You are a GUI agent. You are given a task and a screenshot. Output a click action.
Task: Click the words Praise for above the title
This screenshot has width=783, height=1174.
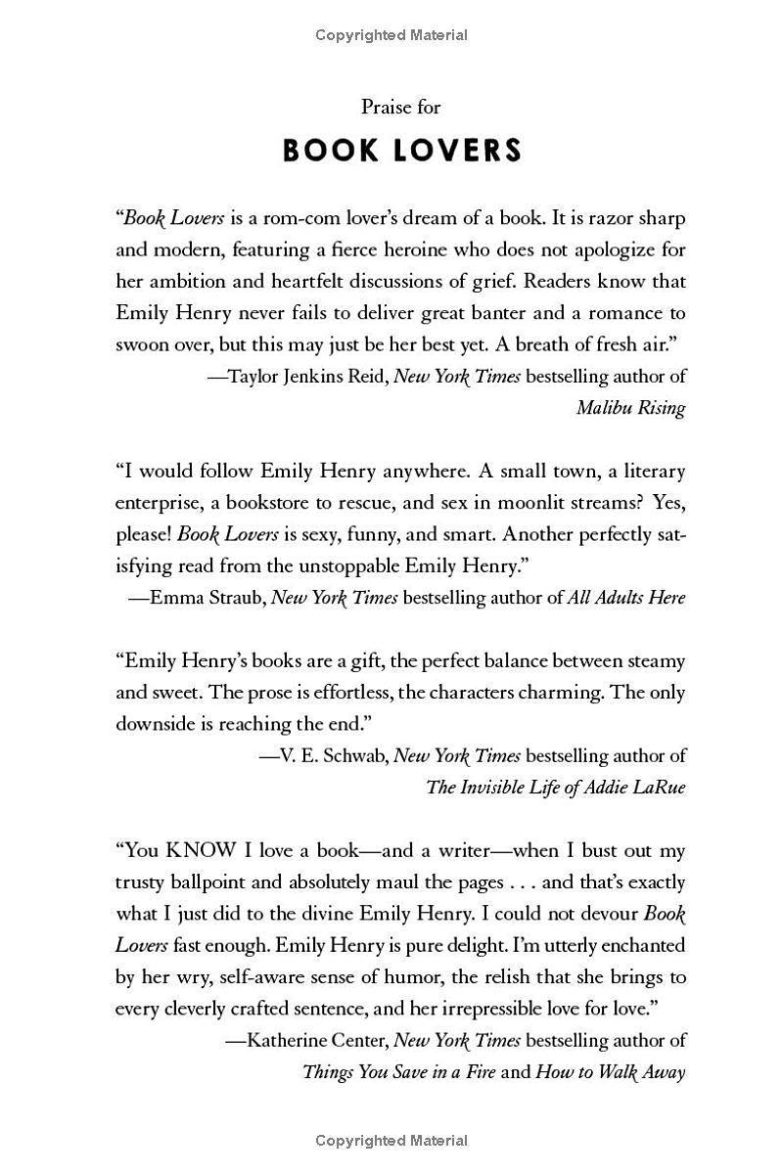(401, 107)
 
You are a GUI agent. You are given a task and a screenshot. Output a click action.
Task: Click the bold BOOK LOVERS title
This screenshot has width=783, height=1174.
(401, 152)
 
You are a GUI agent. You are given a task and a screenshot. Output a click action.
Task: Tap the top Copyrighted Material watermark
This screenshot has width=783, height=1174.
(391, 35)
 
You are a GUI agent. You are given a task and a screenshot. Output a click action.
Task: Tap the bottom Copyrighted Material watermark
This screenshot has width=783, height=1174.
(391, 1141)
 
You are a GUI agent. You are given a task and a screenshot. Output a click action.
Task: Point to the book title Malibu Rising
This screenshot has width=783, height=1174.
(630, 408)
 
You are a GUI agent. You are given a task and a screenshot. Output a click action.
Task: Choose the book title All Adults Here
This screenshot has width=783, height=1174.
(626, 598)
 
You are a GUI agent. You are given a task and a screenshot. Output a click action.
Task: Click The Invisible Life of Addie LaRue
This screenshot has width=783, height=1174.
(556, 787)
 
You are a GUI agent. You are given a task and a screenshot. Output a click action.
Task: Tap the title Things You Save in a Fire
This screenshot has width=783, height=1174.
(399, 1071)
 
